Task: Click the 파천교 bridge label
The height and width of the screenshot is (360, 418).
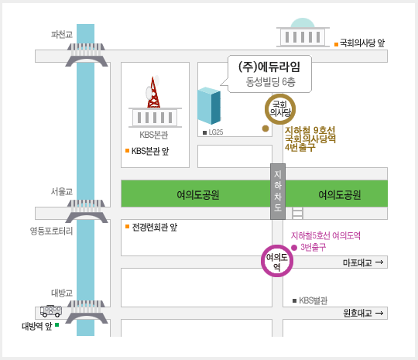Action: pyautogui.click(x=62, y=34)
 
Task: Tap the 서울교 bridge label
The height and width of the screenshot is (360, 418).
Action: pyautogui.click(x=62, y=191)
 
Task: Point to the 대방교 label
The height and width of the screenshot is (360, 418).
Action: pyautogui.click(x=62, y=293)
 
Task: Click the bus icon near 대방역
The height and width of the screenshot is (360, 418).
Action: pyautogui.click(x=51, y=311)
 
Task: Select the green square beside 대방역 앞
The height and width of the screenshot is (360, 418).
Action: pyautogui.click(x=57, y=324)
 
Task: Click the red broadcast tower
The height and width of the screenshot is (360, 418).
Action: pyautogui.click(x=153, y=92)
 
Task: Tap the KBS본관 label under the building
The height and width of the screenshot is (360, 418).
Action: pyautogui.click(x=154, y=135)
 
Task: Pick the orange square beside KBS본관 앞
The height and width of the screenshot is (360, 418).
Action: pyautogui.click(x=127, y=151)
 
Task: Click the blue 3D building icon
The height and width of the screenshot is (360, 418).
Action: pyautogui.click(x=209, y=105)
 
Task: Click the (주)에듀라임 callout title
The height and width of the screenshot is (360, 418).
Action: pyautogui.click(x=269, y=67)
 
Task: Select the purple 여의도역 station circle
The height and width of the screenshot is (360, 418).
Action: pyautogui.click(x=277, y=246)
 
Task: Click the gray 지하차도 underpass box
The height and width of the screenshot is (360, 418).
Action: pyautogui.click(x=278, y=191)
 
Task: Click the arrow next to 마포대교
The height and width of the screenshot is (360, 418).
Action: pyautogui.click(x=379, y=262)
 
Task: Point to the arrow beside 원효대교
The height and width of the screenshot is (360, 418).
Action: pyautogui.click(x=379, y=313)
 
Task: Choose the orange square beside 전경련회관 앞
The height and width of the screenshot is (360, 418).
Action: pyautogui.click(x=127, y=226)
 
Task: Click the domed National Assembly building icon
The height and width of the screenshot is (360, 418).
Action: pyautogui.click(x=303, y=33)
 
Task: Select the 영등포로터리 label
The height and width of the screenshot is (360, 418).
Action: pyautogui.click(x=51, y=231)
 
